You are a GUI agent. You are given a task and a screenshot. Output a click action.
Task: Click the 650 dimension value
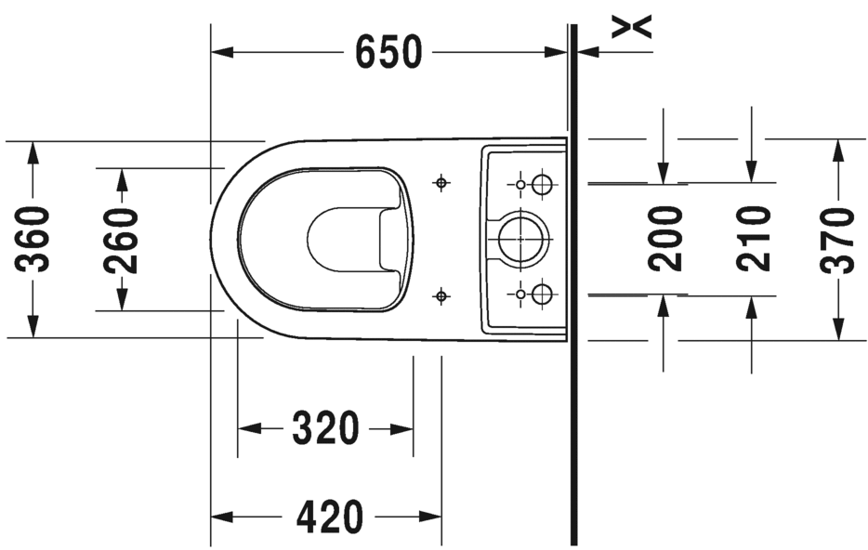(x=388, y=53)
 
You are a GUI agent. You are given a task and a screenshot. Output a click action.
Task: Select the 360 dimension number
(x=34, y=240)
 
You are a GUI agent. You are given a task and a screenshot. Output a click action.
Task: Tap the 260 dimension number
(x=121, y=240)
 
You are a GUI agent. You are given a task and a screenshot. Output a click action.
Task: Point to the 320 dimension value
(x=325, y=428)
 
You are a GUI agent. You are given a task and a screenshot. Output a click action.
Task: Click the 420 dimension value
(x=329, y=517)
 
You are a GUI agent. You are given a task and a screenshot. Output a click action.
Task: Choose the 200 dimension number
(x=665, y=239)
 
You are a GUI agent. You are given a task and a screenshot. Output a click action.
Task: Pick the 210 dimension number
(x=753, y=239)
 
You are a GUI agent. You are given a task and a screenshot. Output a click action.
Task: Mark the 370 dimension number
(x=837, y=240)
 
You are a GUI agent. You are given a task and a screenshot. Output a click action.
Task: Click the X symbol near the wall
(x=632, y=27)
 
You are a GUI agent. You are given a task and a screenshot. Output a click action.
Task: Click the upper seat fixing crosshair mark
(x=441, y=182)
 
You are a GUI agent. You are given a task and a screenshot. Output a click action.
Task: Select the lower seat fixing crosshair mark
(x=441, y=296)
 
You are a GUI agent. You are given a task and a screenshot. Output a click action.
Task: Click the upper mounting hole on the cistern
(x=542, y=184)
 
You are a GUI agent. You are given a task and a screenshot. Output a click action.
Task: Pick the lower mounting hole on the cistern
(x=542, y=295)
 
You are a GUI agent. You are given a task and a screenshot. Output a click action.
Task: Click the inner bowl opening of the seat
(x=344, y=240)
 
